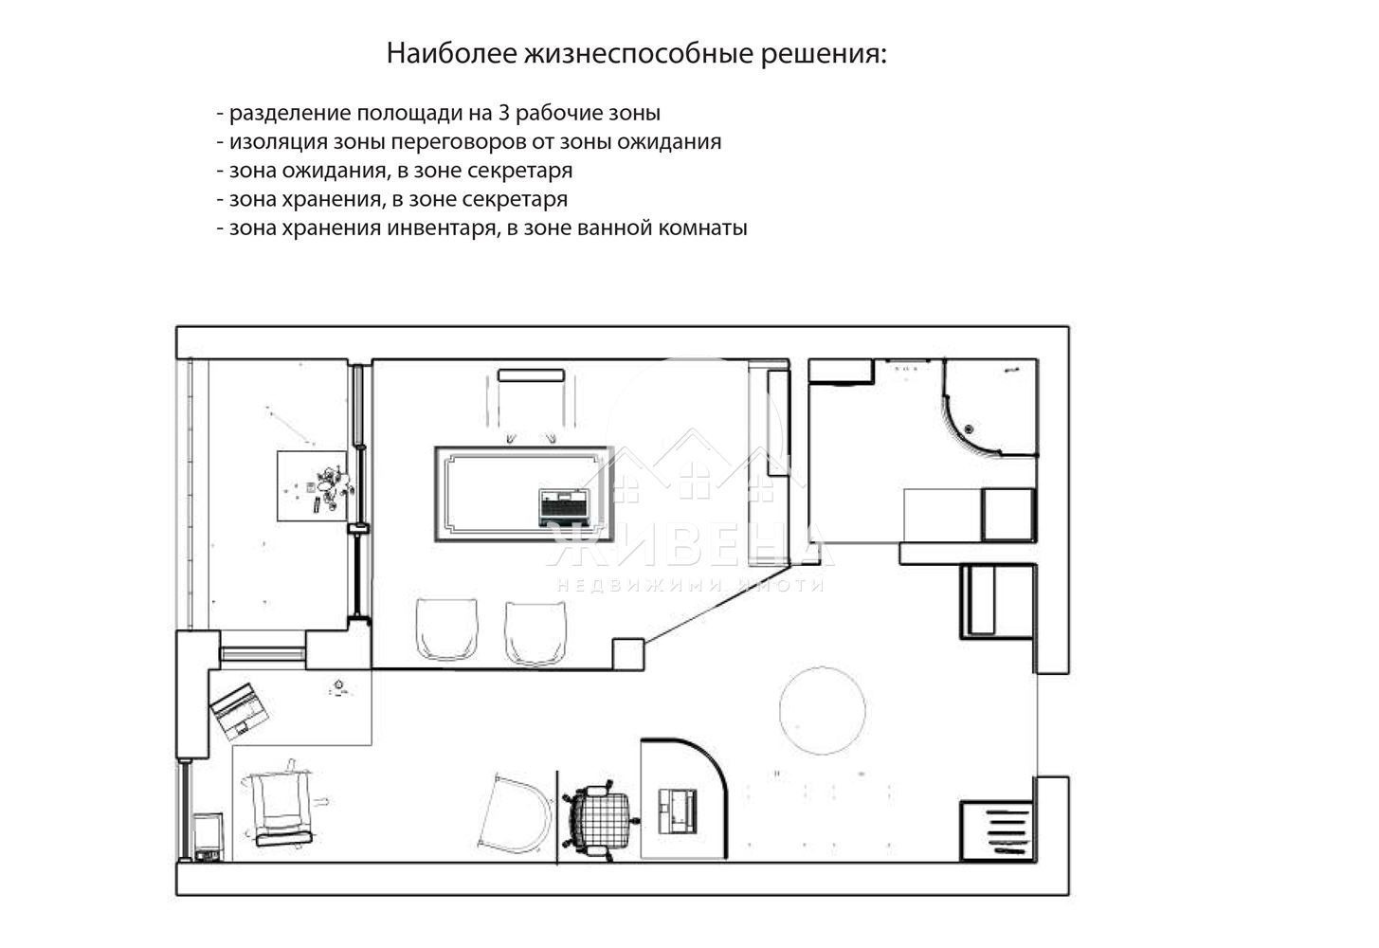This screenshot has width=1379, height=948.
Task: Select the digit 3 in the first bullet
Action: coord(504,113)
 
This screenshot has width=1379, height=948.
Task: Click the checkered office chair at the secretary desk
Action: coord(600,814)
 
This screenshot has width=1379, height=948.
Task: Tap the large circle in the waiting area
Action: coord(823,709)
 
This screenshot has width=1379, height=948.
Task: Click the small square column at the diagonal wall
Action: coord(627,653)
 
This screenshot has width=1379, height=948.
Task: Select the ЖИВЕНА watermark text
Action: coord(690,550)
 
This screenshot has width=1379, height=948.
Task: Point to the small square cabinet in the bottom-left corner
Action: coord(208,835)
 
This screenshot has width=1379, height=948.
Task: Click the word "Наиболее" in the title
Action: coord(451,54)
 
